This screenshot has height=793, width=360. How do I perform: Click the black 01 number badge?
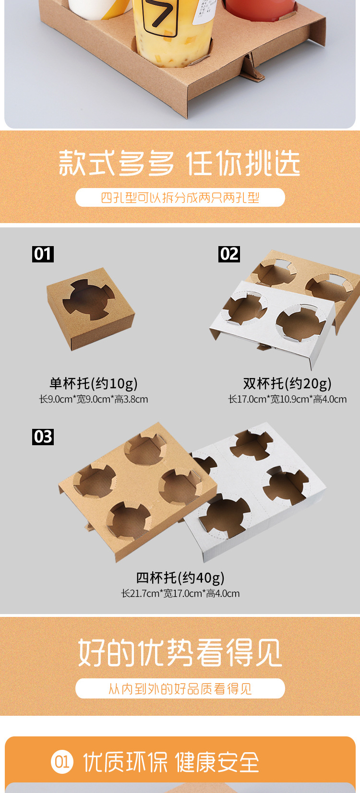coord(43,254)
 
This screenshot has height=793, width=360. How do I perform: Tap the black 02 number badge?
coord(229,254)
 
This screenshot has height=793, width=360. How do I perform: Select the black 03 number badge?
coord(43,437)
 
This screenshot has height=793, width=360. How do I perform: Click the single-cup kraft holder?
coord(90,307)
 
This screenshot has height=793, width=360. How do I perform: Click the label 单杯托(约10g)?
coord(94,383)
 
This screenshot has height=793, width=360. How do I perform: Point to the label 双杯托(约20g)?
coord(287,383)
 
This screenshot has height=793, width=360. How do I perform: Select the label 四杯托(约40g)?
coord(180,578)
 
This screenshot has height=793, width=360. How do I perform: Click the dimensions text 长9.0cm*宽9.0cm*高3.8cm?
coord(94,399)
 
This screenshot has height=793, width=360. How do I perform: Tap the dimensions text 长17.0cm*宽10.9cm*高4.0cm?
coord(287,399)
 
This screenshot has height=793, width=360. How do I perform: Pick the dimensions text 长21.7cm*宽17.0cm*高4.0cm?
coord(180,593)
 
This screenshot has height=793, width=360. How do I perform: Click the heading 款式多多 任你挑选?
coord(180,164)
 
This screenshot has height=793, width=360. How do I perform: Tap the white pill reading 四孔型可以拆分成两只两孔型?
coord(180,198)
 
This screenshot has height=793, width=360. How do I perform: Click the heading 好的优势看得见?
coord(180,652)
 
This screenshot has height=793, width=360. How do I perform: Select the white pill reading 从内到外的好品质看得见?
coord(180,689)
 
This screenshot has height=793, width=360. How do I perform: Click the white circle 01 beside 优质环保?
coord(62,762)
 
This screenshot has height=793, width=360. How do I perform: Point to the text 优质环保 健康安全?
coord(171,762)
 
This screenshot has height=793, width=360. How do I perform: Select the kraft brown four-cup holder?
coord(134,489)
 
